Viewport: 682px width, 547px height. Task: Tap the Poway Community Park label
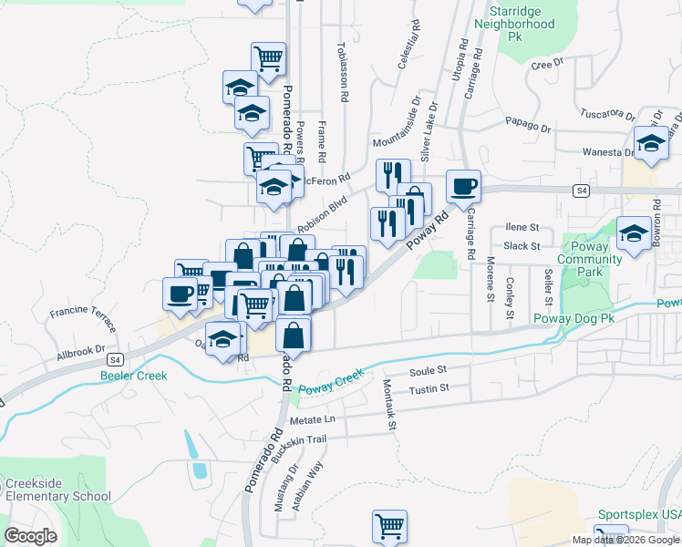tap(590, 260)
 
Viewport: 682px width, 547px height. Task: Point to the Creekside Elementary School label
tap(57, 490)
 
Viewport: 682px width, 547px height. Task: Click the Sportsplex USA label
tap(639, 515)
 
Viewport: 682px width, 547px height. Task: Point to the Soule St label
tap(428, 371)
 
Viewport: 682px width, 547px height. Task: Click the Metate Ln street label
tap(313, 419)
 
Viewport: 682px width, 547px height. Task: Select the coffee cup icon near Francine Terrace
tap(179, 293)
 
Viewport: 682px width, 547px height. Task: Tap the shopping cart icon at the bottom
tap(389, 526)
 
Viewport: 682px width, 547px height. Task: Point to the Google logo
tap(31, 536)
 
